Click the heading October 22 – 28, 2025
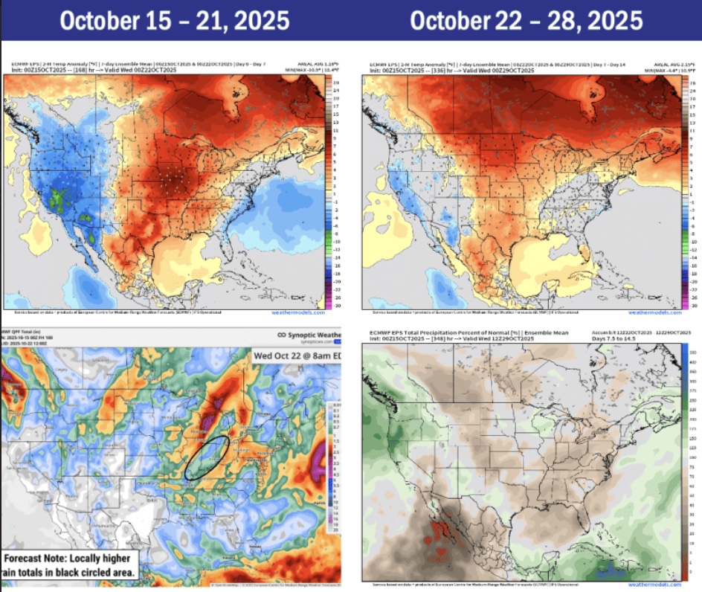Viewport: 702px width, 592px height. coord(526,20)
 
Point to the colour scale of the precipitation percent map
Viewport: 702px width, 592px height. coord(684,461)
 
